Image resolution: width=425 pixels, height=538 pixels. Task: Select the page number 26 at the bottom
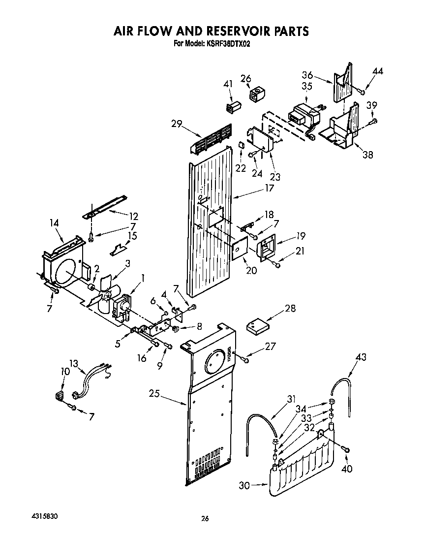click(206, 518)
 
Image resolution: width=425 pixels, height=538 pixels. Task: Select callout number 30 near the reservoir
click(245, 485)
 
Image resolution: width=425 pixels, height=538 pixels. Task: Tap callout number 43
click(361, 357)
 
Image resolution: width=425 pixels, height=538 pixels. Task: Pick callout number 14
click(54, 223)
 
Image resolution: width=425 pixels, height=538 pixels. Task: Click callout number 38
click(367, 155)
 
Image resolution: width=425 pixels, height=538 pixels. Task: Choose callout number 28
click(290, 309)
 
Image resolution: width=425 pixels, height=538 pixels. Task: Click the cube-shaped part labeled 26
click(256, 95)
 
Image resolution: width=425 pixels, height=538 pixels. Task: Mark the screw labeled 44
click(362, 91)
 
